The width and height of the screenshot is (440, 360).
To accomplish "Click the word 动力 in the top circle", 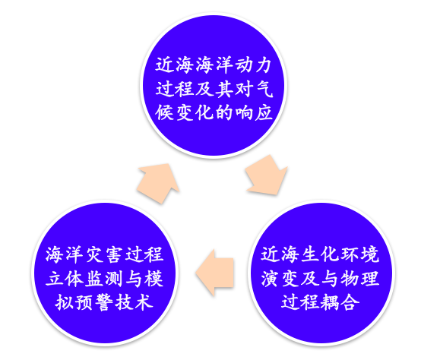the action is click(x=253, y=65).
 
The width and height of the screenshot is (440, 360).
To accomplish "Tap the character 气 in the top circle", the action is click(x=264, y=89).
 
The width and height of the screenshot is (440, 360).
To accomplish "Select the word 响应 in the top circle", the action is click(x=253, y=112).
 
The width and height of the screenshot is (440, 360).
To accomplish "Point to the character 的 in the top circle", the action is click(x=223, y=112).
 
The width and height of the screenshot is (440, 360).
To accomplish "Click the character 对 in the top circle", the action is click(x=244, y=89).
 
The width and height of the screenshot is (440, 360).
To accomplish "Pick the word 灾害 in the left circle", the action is click(x=104, y=254).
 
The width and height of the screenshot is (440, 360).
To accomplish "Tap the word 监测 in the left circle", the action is click(x=104, y=279).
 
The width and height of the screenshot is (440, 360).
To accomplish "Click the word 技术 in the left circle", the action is click(x=134, y=302).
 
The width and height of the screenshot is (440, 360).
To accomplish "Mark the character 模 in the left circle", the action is click(x=154, y=279).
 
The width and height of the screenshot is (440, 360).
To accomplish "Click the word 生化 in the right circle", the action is click(x=320, y=254).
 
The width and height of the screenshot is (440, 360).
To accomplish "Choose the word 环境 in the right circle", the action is click(x=359, y=254).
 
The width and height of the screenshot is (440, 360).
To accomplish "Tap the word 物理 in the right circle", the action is click(x=359, y=279).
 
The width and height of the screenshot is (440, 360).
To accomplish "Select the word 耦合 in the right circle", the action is click(x=340, y=302).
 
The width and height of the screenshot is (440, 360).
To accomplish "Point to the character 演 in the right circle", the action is click(x=270, y=279).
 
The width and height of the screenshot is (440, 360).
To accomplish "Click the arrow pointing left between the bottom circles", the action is click(x=215, y=272).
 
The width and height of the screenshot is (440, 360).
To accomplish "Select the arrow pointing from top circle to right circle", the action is click(x=267, y=175).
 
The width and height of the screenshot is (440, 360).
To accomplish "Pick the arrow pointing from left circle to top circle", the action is click(x=159, y=183).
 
